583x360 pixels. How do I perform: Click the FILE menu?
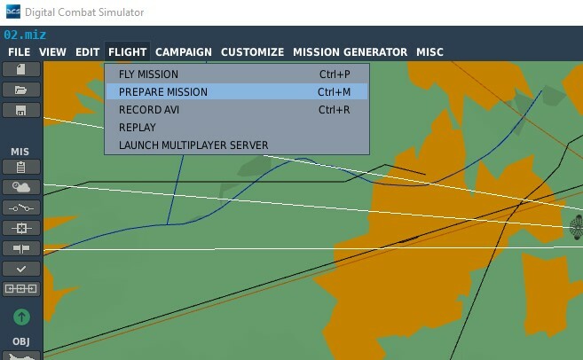[x=20, y=52]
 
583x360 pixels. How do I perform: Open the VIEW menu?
[x=52, y=52]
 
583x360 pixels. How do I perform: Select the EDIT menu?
[x=87, y=52]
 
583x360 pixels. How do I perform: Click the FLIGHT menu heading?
[x=127, y=52]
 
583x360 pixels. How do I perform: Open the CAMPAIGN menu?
[x=184, y=52]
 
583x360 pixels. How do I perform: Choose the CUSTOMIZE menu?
[x=253, y=52]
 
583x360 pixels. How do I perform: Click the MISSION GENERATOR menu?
[x=350, y=52]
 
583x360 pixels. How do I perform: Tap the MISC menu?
[x=429, y=52]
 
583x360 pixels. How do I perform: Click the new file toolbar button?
[x=21, y=69]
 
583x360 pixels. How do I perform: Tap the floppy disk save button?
[x=21, y=110]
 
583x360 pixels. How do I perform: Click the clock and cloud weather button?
[x=21, y=187]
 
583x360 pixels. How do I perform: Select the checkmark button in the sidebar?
[x=21, y=269]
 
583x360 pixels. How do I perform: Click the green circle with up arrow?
[x=21, y=317]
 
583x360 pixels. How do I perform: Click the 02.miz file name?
[x=25, y=35]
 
